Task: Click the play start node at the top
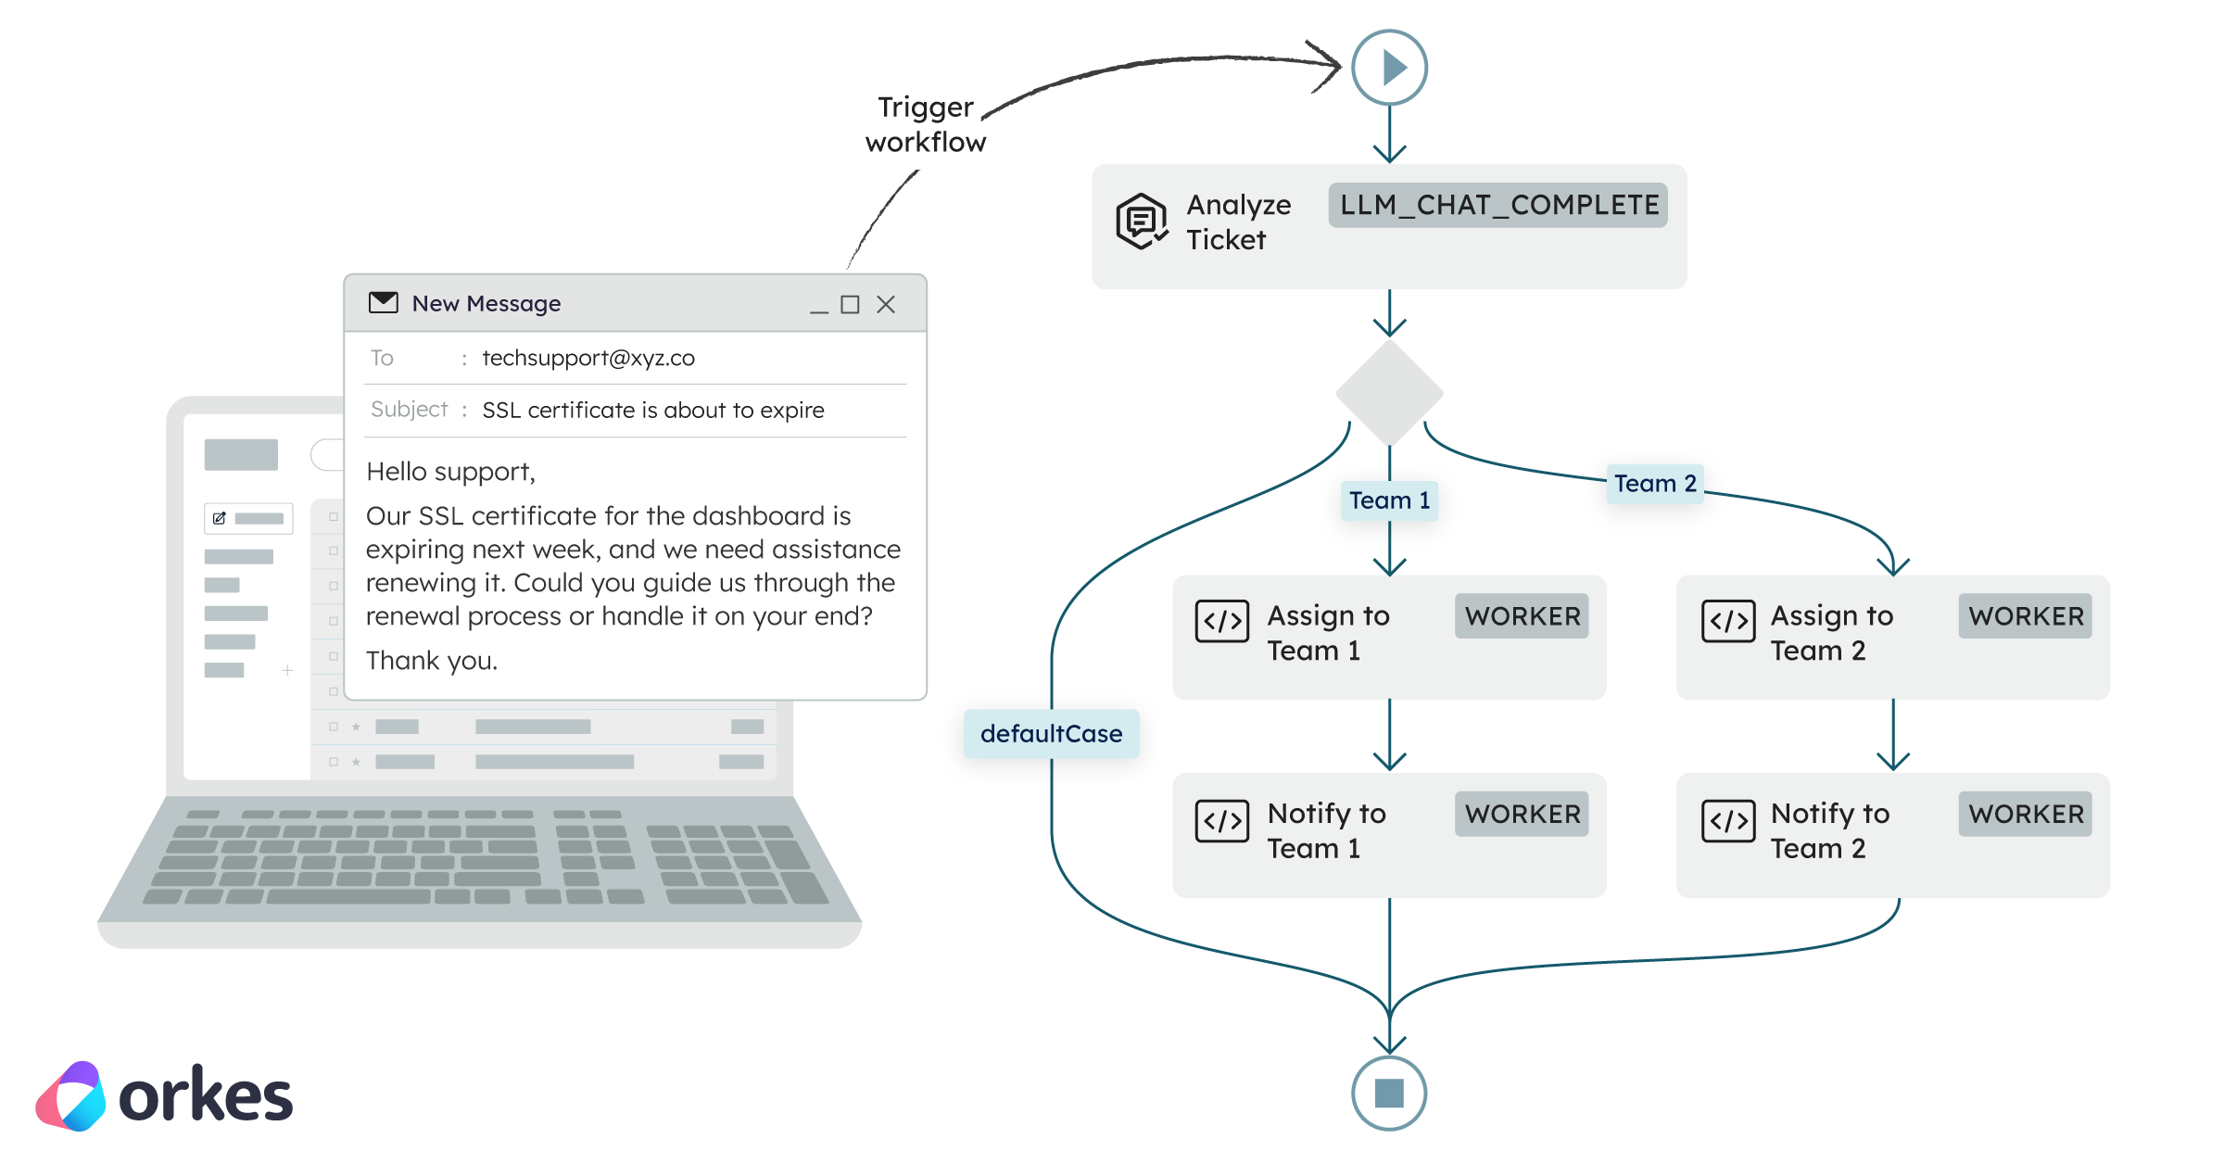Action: (1389, 68)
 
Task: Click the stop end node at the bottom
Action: (1389, 1093)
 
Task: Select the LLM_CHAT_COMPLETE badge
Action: (1498, 205)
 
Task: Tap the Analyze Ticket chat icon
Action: (1142, 221)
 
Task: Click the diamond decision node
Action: (1389, 394)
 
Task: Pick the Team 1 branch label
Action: (1389, 500)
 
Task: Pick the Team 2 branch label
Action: (1655, 484)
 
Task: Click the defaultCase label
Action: (1051, 734)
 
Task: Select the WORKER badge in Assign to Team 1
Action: (1522, 616)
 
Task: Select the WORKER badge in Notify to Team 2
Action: (2025, 814)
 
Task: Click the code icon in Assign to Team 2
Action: (1728, 621)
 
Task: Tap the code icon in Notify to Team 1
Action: (1222, 820)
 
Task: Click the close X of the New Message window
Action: (886, 305)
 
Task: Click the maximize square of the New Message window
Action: (850, 305)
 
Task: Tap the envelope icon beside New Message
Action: (384, 303)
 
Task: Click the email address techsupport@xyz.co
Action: (588, 359)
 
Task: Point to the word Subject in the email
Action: (409, 410)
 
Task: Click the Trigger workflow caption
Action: (926, 124)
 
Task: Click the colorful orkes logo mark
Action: (71, 1096)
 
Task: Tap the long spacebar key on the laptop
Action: (348, 896)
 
